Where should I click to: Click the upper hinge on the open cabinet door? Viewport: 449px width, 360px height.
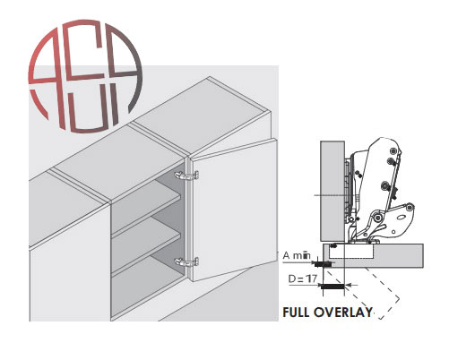187,176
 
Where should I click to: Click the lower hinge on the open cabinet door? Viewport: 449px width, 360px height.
186,262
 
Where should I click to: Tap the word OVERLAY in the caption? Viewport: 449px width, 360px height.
343,313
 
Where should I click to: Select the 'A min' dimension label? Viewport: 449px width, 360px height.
297,256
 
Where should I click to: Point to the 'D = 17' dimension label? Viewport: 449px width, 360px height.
303,279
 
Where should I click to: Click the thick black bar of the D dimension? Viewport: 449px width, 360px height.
332,287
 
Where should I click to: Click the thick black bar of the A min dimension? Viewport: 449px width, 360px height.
323,264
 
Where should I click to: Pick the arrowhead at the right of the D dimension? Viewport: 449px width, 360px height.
349,286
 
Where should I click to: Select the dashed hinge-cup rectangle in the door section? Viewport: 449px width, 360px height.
350,251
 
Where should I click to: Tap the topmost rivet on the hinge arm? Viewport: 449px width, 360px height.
393,150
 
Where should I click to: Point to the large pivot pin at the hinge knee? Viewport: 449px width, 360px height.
376,218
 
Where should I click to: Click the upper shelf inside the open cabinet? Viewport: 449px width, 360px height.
146,203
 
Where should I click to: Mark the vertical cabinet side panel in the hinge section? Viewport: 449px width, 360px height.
332,191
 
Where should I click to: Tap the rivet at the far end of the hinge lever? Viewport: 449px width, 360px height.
410,207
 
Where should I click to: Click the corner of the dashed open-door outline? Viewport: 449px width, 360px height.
399,298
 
